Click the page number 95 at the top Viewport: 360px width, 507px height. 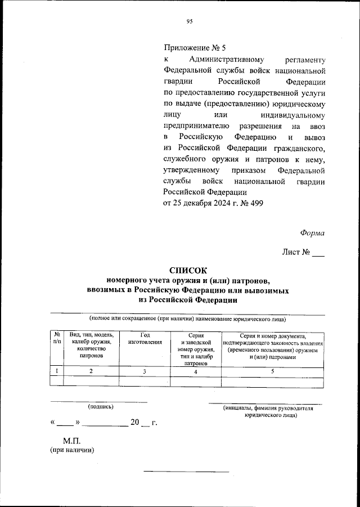tap(190, 22)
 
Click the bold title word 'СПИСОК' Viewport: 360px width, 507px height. tap(188, 270)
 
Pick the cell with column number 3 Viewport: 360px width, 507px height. tap(145, 371)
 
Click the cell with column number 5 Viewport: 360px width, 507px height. tap(273, 371)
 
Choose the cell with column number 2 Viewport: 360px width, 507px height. tap(91, 371)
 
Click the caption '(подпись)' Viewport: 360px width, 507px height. tap(100, 406)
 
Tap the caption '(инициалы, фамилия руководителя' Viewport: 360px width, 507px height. tap(267, 409)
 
